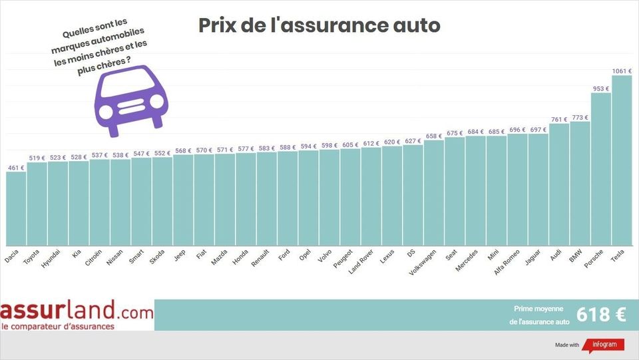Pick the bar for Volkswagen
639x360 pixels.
433,193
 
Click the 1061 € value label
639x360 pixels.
621,70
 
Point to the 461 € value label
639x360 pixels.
16,168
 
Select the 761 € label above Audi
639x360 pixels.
559,120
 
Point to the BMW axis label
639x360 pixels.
575,255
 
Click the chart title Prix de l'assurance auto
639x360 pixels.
319,25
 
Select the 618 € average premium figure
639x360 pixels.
601,315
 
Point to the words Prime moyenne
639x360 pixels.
538,309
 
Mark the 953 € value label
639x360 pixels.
601,88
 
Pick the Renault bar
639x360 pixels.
266,200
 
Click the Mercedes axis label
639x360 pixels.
466,259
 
